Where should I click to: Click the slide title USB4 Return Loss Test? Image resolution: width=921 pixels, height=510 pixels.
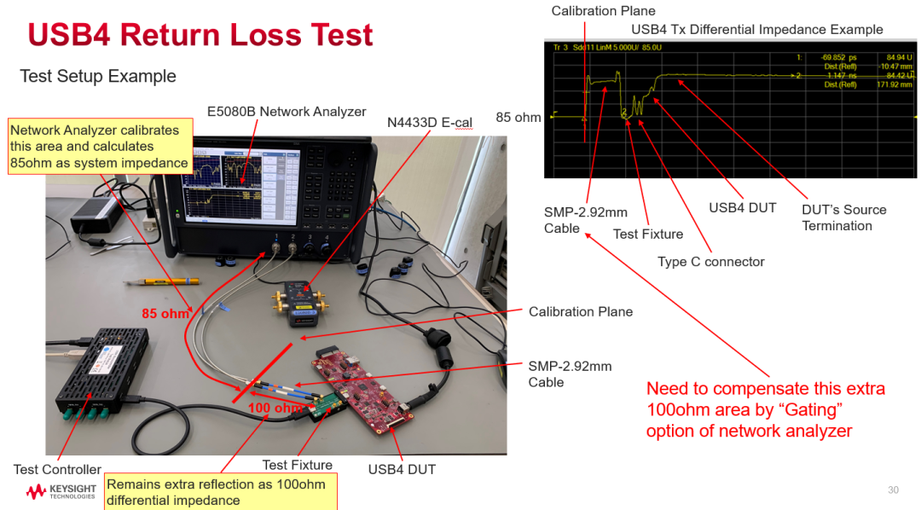[200, 35]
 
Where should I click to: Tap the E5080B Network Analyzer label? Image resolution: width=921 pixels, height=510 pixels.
[287, 112]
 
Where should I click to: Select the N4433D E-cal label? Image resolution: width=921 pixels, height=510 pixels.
[430, 123]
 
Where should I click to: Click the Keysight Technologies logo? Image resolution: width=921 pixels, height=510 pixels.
[61, 492]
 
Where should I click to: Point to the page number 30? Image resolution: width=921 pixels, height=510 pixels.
[893, 490]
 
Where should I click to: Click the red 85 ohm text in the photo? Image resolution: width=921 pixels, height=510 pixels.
[165, 314]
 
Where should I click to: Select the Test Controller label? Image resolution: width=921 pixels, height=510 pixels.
[57, 469]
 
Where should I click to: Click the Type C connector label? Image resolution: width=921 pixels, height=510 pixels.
[711, 262]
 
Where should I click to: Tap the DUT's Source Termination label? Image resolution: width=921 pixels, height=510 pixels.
[843, 217]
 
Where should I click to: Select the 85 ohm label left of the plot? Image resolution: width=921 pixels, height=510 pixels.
[518, 118]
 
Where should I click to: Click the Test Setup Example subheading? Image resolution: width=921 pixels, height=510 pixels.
[98, 77]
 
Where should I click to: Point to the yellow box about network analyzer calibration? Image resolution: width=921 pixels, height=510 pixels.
[99, 147]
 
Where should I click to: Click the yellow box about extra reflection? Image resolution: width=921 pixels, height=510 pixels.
[220, 492]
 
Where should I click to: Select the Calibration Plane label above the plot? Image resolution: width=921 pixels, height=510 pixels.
[603, 11]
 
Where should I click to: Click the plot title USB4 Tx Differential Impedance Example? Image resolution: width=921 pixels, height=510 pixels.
[756, 30]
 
